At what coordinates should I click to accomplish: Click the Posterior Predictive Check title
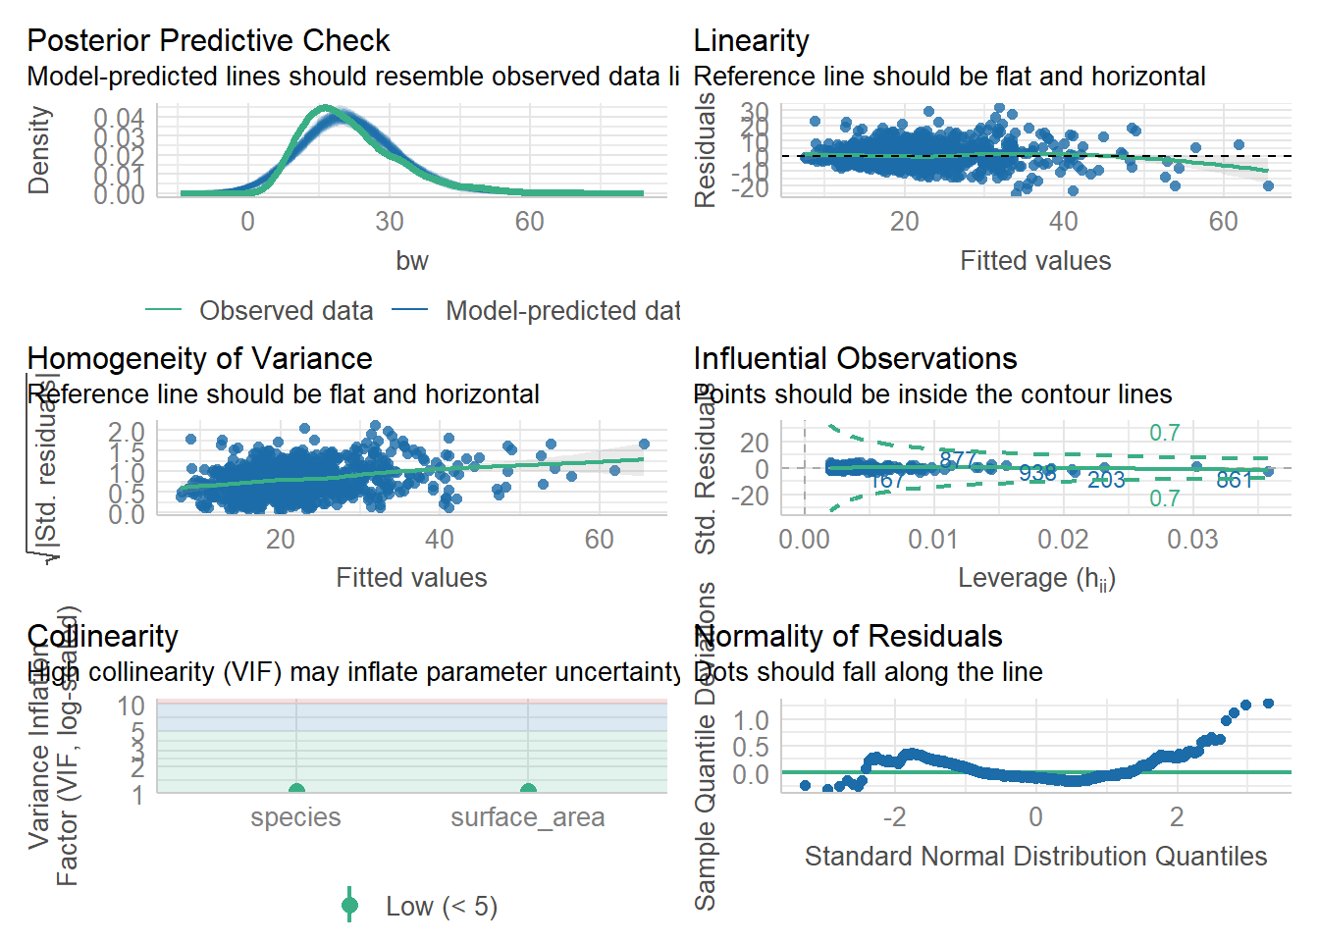208,41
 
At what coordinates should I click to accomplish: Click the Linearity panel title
751,41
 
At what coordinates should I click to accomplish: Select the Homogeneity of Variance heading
199,359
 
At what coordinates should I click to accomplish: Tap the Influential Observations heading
855,359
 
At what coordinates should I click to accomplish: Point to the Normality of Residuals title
848,637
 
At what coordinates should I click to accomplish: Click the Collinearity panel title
103,637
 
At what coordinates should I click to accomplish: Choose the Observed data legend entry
285,311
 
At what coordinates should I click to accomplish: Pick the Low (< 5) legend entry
441,907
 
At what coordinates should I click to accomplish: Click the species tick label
295,817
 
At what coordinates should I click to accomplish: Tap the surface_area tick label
528,817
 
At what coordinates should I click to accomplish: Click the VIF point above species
296,791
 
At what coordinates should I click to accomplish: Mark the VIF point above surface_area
528,791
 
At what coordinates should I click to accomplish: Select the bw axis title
412,261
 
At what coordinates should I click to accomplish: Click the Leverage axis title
1036,579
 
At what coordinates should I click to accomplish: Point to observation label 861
1235,480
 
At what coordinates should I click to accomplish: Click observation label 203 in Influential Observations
1106,480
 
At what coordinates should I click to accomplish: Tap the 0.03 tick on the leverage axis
1192,540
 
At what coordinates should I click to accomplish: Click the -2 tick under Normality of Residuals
894,817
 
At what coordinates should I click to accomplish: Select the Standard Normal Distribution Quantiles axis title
1035,857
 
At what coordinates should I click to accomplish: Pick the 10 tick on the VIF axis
132,706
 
